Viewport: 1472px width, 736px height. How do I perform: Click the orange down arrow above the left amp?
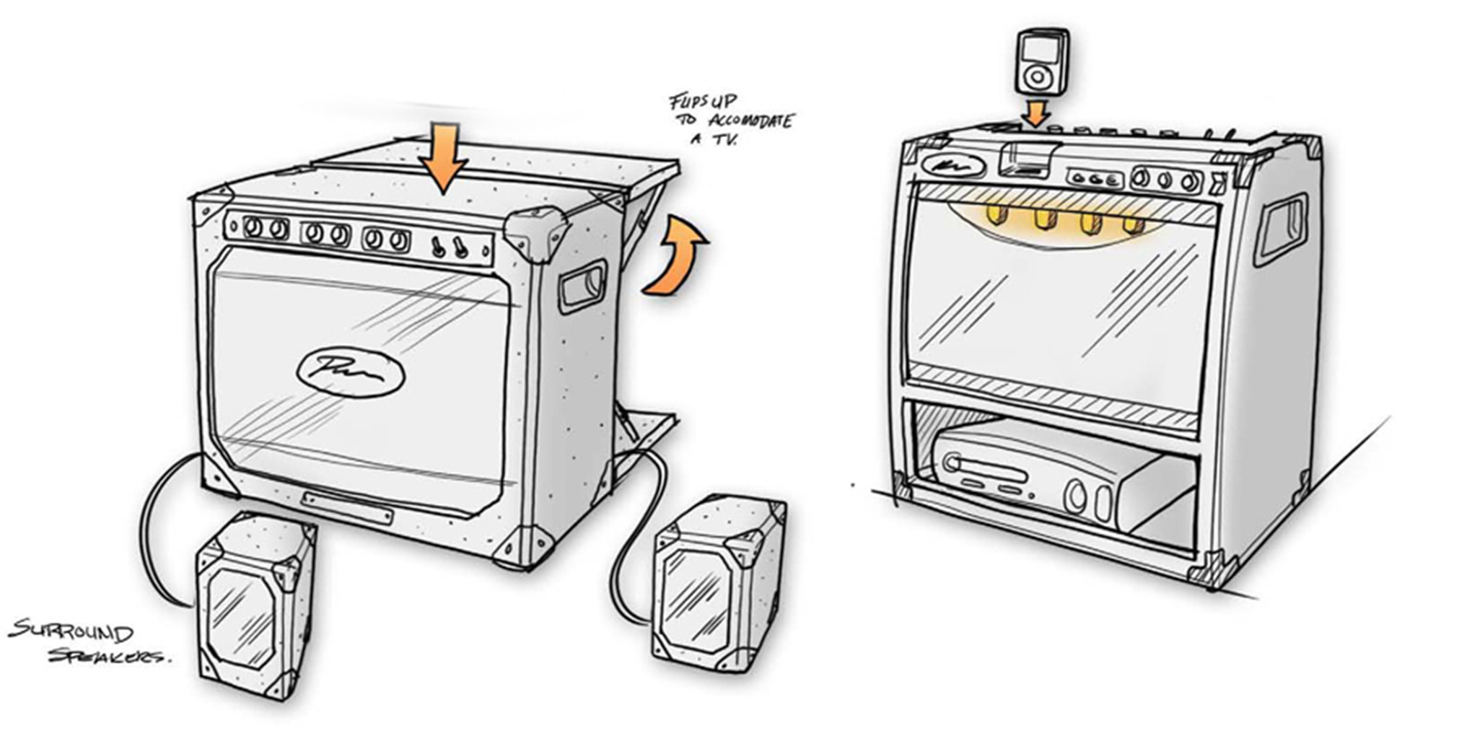click(442, 160)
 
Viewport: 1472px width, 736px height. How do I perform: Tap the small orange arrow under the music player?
click(1037, 112)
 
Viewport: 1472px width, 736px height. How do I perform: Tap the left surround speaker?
click(256, 606)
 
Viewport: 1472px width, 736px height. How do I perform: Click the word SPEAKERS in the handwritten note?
click(108, 657)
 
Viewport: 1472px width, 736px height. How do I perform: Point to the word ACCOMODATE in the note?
click(750, 121)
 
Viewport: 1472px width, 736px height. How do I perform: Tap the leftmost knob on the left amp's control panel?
click(253, 228)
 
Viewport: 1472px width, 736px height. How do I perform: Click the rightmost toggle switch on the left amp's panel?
click(460, 248)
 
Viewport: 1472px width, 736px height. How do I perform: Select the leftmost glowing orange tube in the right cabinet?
click(996, 214)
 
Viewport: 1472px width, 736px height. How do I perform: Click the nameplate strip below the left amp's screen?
click(348, 507)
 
